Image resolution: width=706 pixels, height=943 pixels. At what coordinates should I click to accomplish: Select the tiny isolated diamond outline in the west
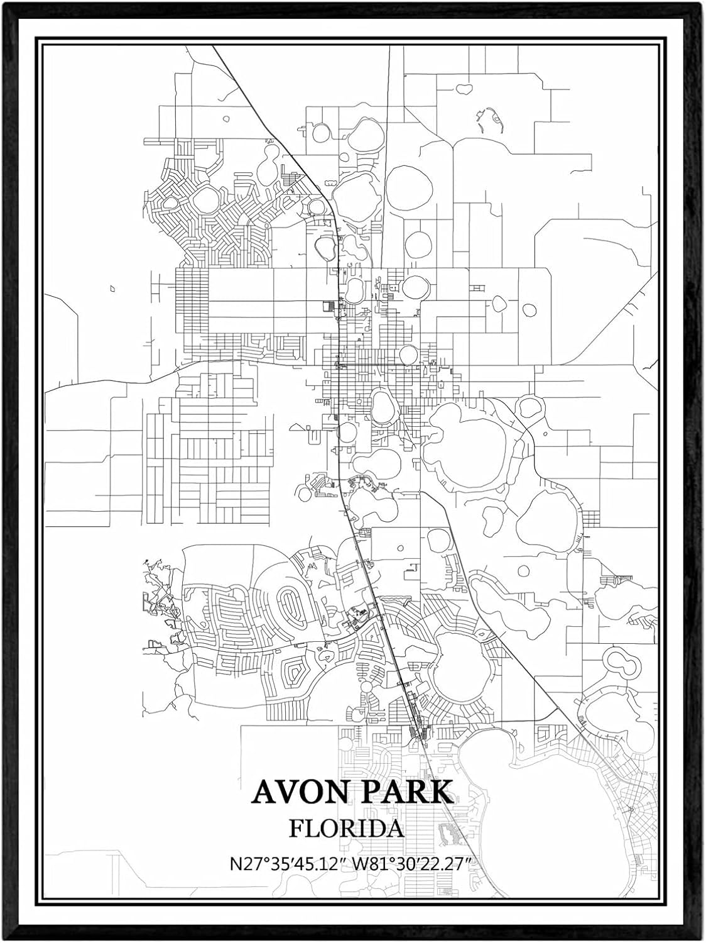pos(112,289)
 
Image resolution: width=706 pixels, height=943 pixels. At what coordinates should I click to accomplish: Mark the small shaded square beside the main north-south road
pos(326,306)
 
